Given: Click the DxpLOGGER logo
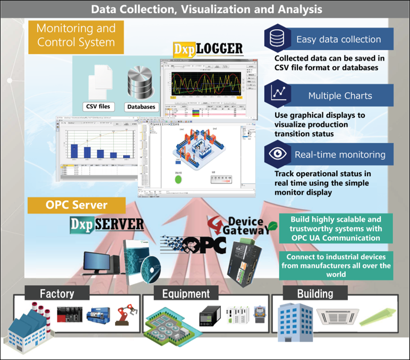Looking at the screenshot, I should [208, 49].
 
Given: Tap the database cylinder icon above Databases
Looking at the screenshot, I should [140, 83].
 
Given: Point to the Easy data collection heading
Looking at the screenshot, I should [338, 39].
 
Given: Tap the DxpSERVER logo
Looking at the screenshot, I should [107, 223].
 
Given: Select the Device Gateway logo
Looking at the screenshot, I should [242, 225].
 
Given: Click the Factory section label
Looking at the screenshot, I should [57, 293].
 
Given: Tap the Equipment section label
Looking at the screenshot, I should [185, 293].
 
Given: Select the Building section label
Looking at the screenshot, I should [315, 293].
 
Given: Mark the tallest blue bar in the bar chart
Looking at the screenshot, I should [74, 151].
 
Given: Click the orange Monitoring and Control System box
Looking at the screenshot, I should [75, 36].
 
